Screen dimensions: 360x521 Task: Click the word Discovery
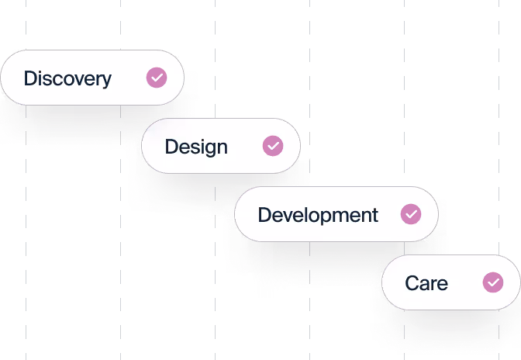(x=67, y=78)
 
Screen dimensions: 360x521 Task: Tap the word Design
(x=196, y=147)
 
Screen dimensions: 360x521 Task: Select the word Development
(x=318, y=215)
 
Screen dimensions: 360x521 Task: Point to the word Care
(x=426, y=283)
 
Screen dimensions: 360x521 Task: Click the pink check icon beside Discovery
(x=157, y=78)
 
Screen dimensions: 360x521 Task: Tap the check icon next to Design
(x=273, y=146)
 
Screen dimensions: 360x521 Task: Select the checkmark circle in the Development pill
(x=411, y=214)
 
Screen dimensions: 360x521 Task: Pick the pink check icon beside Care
(x=493, y=282)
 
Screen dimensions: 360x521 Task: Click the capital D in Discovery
(x=30, y=78)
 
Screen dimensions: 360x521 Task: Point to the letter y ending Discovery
(x=106, y=81)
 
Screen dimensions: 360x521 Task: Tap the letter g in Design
(x=208, y=149)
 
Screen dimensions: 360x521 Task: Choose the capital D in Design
(x=171, y=147)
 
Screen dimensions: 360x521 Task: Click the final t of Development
(x=374, y=215)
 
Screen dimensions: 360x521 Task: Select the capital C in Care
(x=412, y=283)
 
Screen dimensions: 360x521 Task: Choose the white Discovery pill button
(x=91, y=78)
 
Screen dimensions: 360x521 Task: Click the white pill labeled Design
(x=220, y=146)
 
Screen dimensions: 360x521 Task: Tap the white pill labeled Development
(x=336, y=214)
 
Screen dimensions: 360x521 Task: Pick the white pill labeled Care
(x=450, y=282)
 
